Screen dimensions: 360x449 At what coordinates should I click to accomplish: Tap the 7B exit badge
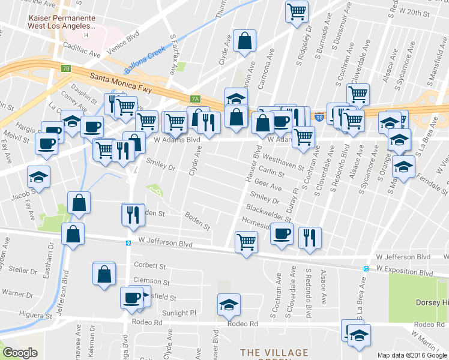point(65,68)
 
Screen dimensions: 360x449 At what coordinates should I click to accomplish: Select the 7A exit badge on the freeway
point(194,98)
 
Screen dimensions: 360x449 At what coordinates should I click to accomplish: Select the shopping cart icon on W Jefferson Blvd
point(246,242)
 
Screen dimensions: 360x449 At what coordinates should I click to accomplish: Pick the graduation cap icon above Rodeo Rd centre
point(229,305)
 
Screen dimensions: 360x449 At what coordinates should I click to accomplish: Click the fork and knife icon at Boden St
point(133,214)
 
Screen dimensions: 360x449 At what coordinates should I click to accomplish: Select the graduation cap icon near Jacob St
point(39,176)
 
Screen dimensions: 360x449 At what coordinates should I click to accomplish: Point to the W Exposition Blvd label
point(404,272)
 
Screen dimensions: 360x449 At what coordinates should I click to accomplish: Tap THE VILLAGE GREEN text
point(274,353)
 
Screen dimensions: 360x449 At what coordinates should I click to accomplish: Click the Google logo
point(20,353)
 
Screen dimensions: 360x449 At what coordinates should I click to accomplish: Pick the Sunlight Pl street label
point(180,313)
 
